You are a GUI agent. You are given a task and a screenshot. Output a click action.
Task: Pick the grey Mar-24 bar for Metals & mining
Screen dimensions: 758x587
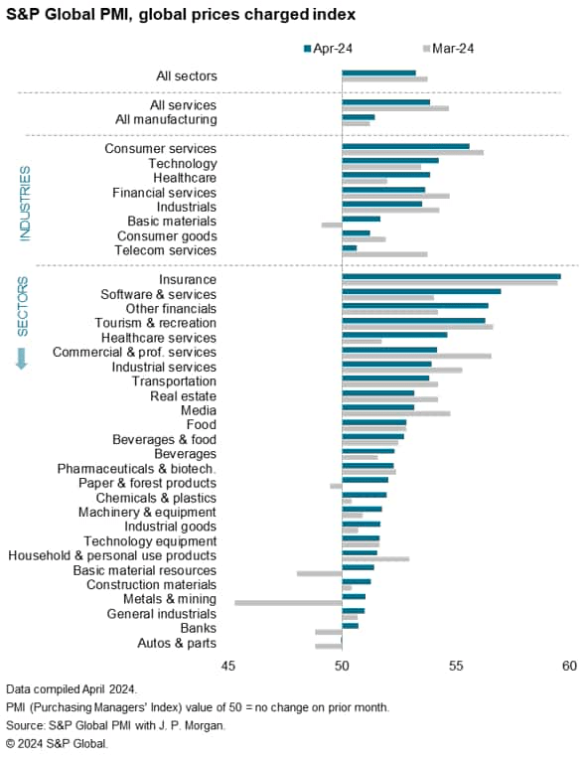288,602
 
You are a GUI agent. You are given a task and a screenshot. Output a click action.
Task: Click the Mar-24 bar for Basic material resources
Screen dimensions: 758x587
319,573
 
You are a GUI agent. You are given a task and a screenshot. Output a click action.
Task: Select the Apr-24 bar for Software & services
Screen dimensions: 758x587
421,291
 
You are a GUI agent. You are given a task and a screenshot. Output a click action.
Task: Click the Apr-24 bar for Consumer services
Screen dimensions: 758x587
405,146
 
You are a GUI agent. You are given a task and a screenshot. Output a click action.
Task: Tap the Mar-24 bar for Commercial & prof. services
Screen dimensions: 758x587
416,355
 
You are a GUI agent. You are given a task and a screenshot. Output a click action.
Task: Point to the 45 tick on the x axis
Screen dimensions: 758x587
228,666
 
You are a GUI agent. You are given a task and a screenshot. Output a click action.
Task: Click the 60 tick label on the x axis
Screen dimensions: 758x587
569,666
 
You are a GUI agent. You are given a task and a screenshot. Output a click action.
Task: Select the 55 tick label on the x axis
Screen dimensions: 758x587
456,666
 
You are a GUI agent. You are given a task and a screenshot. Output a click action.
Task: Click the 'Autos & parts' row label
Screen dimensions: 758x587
176,643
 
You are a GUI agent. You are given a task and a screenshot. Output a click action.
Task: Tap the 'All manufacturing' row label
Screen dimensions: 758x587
169,120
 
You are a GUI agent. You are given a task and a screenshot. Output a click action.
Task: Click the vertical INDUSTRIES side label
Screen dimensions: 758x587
25,203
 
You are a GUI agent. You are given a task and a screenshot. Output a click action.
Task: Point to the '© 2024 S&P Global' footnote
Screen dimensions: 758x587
57,742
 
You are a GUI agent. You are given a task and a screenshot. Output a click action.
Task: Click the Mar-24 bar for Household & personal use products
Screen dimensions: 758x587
375,559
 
